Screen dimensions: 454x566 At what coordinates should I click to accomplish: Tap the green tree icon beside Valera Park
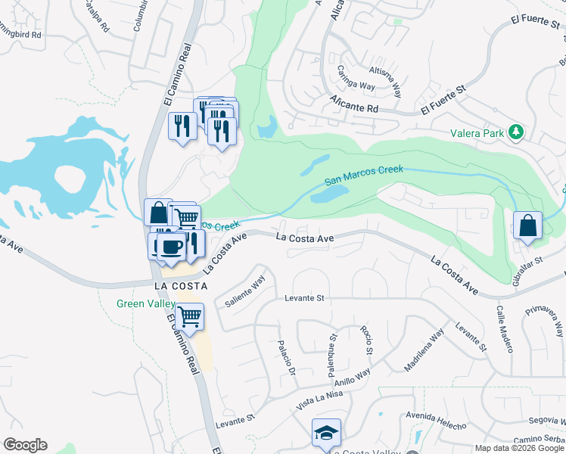coord(517,132)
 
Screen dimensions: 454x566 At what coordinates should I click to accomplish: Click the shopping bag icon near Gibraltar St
coord(527,225)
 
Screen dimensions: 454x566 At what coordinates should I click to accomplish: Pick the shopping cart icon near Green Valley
coord(189,316)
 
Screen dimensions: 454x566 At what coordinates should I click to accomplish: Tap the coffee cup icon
coord(172,246)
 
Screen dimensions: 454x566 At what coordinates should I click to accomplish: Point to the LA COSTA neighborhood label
coord(182,286)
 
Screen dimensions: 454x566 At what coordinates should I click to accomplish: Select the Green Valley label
coord(145,304)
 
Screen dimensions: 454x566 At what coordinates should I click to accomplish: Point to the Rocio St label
coord(367,340)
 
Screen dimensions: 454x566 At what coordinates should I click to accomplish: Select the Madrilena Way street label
coord(424,350)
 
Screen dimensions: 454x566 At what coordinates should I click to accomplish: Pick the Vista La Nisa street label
coord(315,399)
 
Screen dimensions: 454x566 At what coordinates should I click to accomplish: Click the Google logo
coord(25,445)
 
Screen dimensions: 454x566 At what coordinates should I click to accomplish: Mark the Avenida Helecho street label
coord(437,421)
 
